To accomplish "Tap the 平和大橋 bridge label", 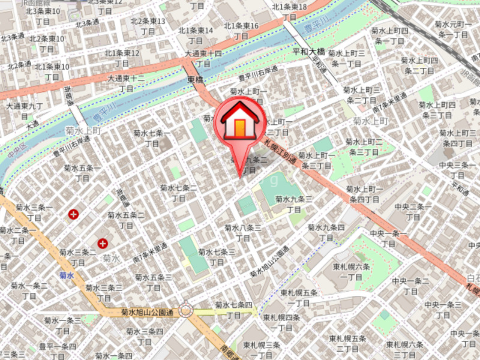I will pos(308,52).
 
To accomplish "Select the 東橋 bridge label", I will pos(196,79).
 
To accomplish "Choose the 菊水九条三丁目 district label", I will pos(294,204).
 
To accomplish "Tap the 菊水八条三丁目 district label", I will pos(242,233).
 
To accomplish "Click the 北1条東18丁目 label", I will pos(290,12).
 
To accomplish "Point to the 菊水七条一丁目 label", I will pos(152,138).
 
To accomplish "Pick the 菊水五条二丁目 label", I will pos(126,220).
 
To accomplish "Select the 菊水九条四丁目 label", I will pos(326,233).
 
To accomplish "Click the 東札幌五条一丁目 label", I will pos(299,298).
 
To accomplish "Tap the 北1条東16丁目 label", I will pos(241,31).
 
